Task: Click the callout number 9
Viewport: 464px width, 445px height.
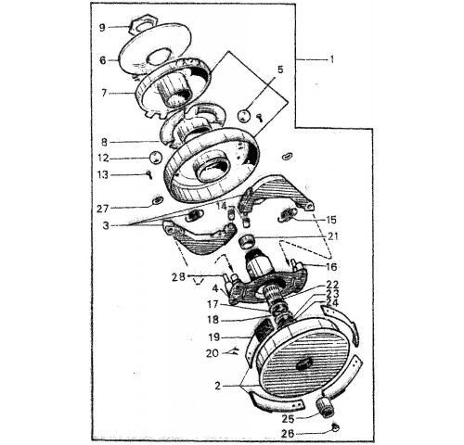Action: coord(102,28)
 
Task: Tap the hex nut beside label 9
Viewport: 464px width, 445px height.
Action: coord(142,24)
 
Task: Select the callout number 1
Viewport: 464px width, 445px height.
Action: coord(331,59)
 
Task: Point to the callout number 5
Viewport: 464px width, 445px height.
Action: coord(280,70)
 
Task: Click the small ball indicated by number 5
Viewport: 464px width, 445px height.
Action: coord(244,116)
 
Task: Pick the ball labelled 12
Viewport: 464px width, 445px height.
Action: coord(156,158)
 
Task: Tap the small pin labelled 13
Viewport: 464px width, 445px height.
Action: coord(149,175)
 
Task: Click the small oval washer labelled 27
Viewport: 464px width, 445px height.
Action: coord(157,201)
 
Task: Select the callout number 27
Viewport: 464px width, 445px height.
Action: coord(103,209)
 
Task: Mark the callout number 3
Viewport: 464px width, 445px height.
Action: coord(106,225)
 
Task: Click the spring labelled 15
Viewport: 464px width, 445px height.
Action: coord(289,214)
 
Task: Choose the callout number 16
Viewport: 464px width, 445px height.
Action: coord(331,267)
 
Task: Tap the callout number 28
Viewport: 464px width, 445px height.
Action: coord(178,277)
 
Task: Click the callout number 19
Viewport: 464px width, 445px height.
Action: coord(213,337)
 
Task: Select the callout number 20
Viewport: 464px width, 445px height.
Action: coord(213,353)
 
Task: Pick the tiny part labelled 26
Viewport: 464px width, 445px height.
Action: coord(335,428)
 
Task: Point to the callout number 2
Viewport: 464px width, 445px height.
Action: coord(218,386)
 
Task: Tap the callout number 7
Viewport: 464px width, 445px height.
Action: coord(104,93)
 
